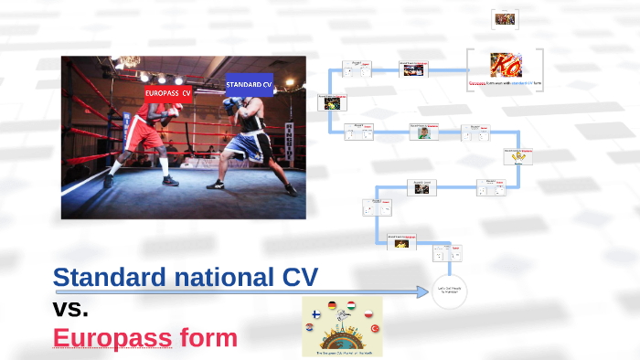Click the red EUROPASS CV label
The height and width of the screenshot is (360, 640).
click(167, 93)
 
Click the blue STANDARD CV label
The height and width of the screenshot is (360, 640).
click(249, 84)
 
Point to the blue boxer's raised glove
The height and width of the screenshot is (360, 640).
click(228, 106)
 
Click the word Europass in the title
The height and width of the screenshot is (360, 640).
click(112, 338)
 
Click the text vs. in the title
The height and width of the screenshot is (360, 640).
click(70, 308)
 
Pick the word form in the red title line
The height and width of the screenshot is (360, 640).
click(208, 338)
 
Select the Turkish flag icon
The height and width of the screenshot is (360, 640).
click(373, 327)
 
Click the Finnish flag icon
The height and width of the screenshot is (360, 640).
click(316, 314)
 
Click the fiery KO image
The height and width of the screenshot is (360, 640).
click(504, 65)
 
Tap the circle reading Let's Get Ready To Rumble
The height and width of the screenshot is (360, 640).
click(449, 291)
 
